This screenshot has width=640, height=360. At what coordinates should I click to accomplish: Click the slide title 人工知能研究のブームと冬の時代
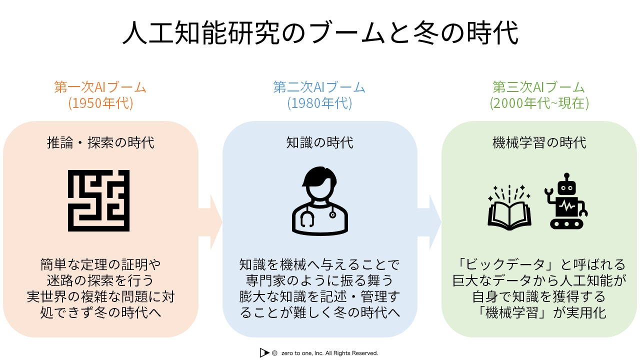[x=320, y=33]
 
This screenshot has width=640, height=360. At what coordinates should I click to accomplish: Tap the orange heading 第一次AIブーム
[x=100, y=87]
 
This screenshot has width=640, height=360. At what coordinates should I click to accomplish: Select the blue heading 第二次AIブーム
[x=319, y=87]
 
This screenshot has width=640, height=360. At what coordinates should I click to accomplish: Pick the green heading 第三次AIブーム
[x=538, y=87]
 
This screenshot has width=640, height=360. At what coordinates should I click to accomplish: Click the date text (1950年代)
[x=100, y=103]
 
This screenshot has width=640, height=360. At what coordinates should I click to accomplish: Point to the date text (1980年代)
[x=319, y=103]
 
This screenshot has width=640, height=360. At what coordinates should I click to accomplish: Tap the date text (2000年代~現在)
[x=539, y=103]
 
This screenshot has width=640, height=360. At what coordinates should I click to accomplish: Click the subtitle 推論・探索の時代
[x=100, y=142]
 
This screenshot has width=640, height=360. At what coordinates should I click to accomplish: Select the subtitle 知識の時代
[x=319, y=142]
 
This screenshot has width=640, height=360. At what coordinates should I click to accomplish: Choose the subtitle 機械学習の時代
[x=539, y=142]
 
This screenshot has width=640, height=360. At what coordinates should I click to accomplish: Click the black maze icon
[x=98, y=200]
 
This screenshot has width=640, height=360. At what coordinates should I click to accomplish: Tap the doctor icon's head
[x=319, y=183]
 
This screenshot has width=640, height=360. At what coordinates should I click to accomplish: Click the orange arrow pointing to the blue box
[x=210, y=222]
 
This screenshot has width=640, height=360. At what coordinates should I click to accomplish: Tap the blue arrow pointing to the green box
[x=429, y=222]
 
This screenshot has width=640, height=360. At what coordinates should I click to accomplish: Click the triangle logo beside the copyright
[x=264, y=353]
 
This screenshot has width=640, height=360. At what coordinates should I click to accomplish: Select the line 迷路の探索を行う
[x=100, y=280]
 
